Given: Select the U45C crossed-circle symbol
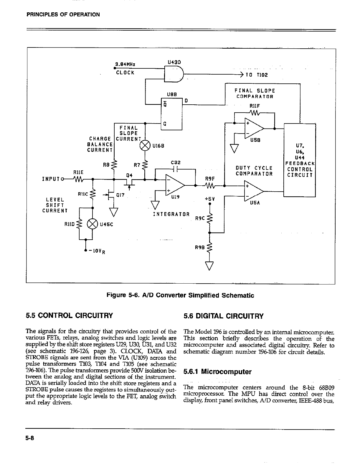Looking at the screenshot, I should [x=93, y=224].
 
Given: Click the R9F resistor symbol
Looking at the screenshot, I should [x=210, y=186].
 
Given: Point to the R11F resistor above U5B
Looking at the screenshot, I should [x=254, y=113].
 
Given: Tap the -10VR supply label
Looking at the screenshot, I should [x=96, y=251].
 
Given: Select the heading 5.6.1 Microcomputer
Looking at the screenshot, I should [x=217, y=372].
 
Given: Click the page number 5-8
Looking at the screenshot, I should [x=30, y=438].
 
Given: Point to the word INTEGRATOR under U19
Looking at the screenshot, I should [x=171, y=214].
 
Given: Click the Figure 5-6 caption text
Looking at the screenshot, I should [x=180, y=295].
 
